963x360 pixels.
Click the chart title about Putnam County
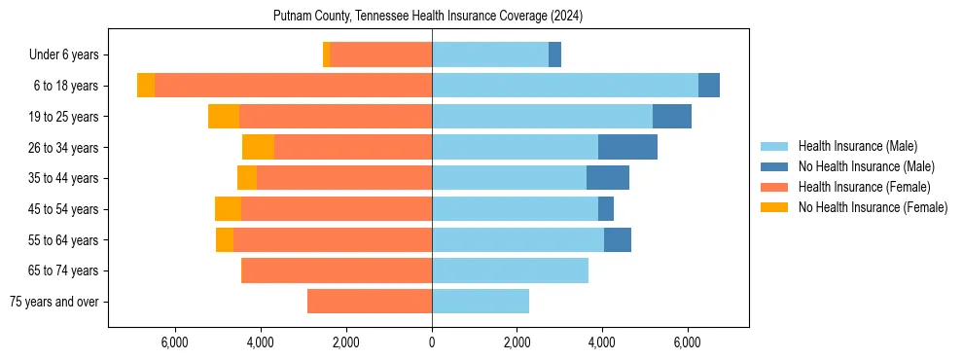429,17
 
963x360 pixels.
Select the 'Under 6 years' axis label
71,55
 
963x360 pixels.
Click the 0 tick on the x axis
432,342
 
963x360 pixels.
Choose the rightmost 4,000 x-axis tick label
602,342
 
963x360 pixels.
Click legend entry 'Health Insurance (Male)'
857,146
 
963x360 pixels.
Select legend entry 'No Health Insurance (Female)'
873,207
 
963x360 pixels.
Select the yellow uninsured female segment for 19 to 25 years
224,117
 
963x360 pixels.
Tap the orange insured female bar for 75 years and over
370,302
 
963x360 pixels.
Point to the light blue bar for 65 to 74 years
510,270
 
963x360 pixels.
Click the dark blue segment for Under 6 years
554,55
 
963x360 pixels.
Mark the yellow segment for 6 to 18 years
146,86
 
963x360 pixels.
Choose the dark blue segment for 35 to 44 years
608,178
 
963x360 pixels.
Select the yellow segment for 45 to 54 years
228,209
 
